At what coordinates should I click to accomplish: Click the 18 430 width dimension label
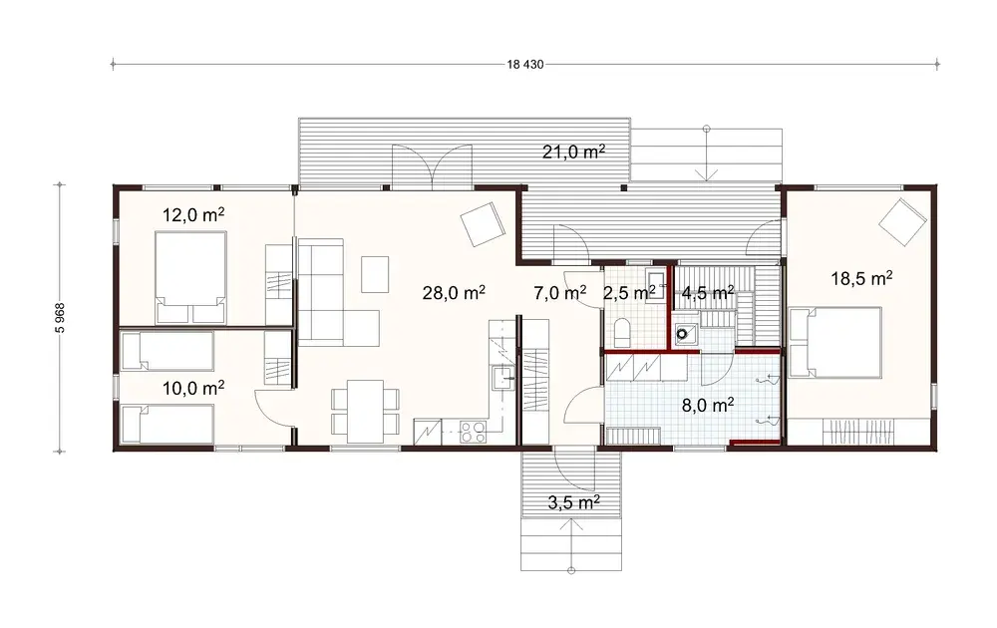pyautogui.click(x=524, y=65)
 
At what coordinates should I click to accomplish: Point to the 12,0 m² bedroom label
pyautogui.click(x=192, y=214)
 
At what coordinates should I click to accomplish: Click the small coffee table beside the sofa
pyautogui.click(x=375, y=272)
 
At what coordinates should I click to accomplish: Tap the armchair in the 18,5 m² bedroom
pyautogui.click(x=905, y=220)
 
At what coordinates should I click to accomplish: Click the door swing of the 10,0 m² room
pyautogui.click(x=273, y=407)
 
